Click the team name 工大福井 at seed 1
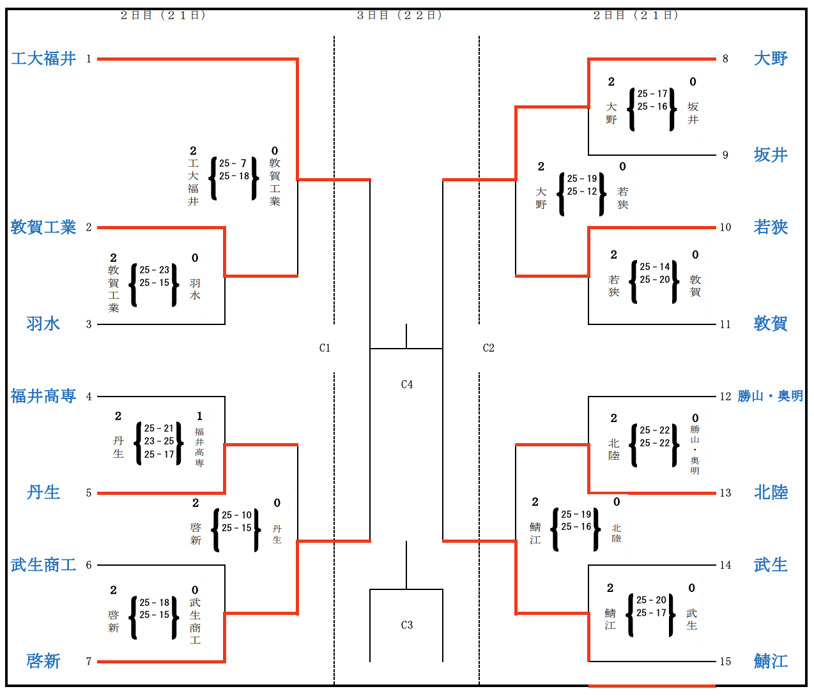(43, 59)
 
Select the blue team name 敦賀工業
(43, 227)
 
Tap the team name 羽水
(43, 324)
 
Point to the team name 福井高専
(43, 397)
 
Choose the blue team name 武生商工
(43, 565)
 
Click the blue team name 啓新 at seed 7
(43, 661)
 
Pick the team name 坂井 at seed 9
(771, 155)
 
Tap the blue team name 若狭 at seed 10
(771, 227)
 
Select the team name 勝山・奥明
(770, 397)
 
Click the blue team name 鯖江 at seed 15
(771, 661)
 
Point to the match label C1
(325, 348)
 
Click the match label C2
(489, 348)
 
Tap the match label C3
(407, 625)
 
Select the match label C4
(407, 384)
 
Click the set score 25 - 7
(233, 163)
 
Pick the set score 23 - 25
(159, 441)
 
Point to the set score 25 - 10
(236, 515)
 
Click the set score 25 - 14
(655, 267)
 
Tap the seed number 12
(725, 397)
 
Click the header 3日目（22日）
(399, 15)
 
